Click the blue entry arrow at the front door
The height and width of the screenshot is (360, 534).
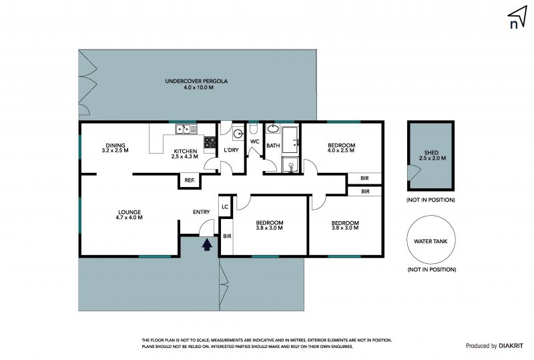(207, 244)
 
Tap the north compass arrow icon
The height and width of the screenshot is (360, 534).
(517, 16)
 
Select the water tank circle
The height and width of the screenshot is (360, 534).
(431, 239)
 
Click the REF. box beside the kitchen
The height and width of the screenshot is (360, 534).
(190, 180)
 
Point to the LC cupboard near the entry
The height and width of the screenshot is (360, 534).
(225, 206)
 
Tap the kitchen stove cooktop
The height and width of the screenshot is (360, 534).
(210, 142)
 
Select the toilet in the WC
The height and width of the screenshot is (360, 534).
(253, 129)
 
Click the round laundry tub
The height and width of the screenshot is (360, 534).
(238, 134)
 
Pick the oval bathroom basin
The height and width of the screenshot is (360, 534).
(273, 128)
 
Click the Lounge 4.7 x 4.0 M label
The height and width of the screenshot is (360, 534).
(129, 215)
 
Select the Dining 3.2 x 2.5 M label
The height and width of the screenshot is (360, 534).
(115, 148)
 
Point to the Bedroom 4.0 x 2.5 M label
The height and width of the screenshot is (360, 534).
(341, 148)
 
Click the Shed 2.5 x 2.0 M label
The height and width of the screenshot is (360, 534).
(432, 156)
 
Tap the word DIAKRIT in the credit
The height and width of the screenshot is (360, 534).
(511, 346)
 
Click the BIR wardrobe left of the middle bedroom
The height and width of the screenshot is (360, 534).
(227, 236)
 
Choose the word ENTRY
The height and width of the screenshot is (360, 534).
(202, 212)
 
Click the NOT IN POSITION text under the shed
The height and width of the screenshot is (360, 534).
(431, 200)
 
